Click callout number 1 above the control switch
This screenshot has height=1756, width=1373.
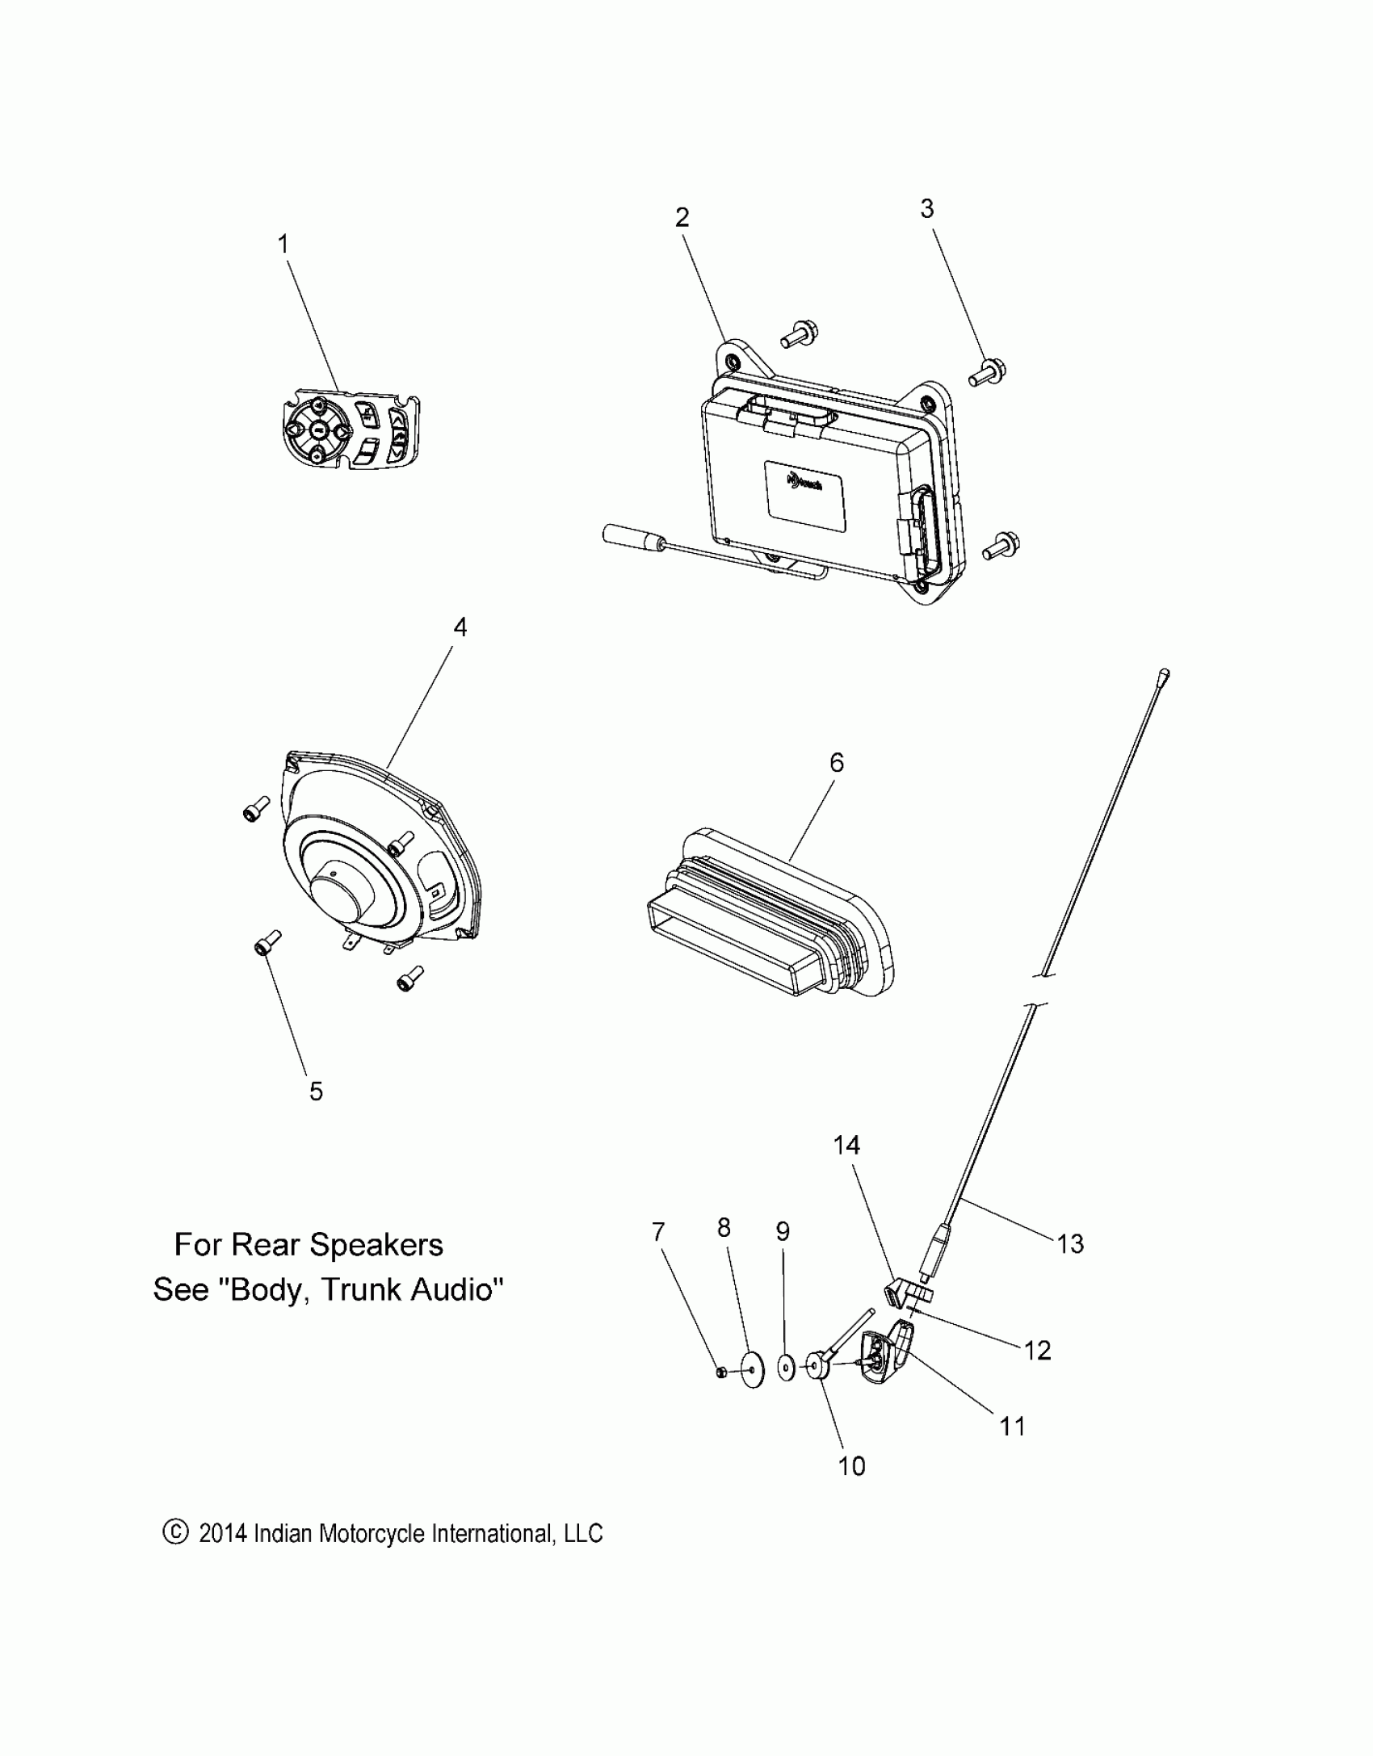(x=283, y=244)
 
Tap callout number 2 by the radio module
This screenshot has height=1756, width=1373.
(x=682, y=217)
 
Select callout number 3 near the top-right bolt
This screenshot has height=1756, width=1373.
(x=927, y=208)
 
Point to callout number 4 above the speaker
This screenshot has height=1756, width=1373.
(x=460, y=627)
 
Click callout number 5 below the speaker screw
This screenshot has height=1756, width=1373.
(x=316, y=1092)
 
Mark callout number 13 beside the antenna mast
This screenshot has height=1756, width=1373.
(x=1070, y=1244)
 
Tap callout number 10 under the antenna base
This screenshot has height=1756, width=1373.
(x=852, y=1465)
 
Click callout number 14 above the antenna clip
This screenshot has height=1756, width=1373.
(x=847, y=1145)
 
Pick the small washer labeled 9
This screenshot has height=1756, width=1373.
(x=784, y=1369)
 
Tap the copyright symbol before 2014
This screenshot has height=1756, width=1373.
(x=175, y=1532)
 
